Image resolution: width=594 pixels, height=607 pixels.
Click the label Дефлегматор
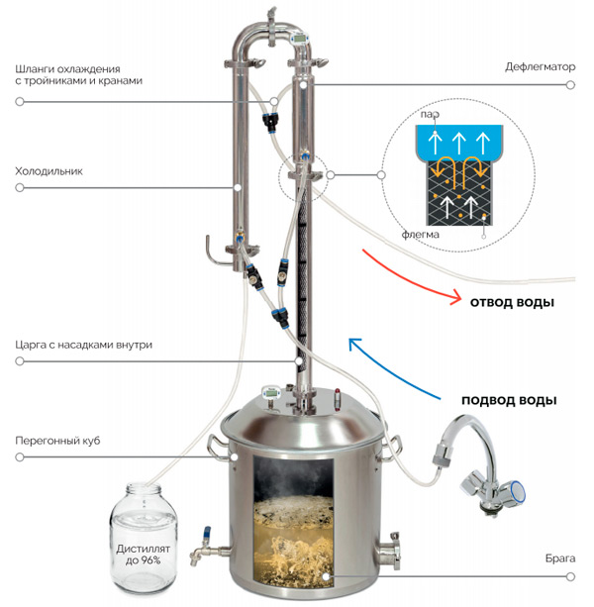tap(540, 67)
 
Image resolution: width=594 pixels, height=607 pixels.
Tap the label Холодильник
tap(49, 171)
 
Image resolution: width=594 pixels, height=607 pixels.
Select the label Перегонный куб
tap(57, 441)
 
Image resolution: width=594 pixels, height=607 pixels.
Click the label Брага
tap(560, 558)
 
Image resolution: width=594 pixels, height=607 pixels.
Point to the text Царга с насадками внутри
tap(83, 345)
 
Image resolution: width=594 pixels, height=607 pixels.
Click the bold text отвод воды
tap(512, 302)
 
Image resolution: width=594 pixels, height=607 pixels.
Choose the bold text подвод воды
tap(509, 400)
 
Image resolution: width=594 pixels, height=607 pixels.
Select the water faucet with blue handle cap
tap(480, 464)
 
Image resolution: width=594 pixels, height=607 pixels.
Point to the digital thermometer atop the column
tap(300, 39)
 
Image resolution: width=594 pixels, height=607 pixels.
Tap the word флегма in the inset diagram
tap(420, 235)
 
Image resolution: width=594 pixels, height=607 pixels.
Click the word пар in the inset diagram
tap(430, 114)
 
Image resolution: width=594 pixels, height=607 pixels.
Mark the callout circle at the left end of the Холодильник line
tap(20, 188)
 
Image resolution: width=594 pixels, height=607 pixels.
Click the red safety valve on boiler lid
tap(337, 399)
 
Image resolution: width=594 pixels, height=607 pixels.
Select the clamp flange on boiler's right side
tap(390, 551)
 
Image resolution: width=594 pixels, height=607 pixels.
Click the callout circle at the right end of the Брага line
tap(570, 577)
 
